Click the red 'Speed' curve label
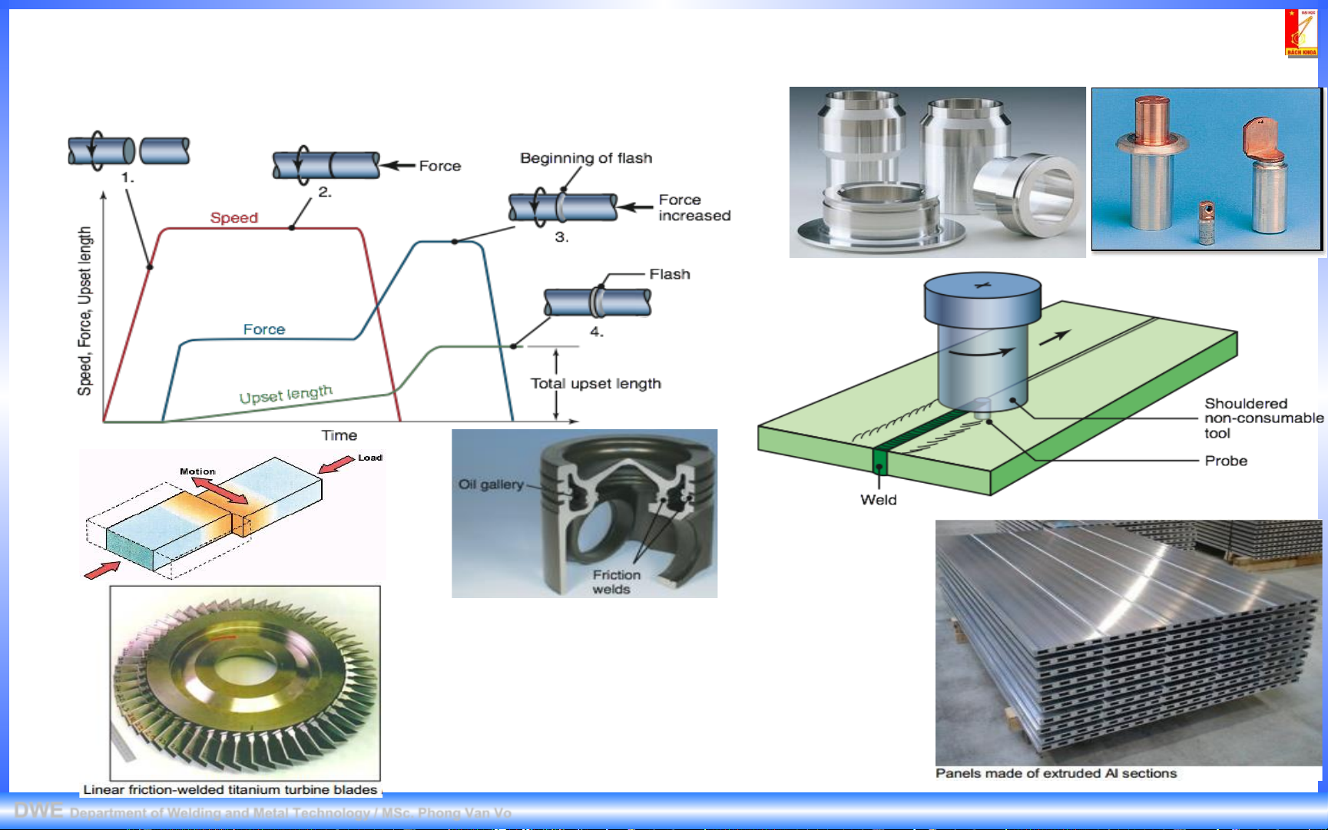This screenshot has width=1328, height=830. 233,218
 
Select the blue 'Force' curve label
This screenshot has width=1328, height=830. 263,329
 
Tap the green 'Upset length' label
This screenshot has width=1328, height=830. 286,395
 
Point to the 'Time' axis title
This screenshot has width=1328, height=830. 339,435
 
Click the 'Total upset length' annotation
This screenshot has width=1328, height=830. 595,383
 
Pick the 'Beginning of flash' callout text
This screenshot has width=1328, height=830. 585,158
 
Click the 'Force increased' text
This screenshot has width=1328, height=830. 694,208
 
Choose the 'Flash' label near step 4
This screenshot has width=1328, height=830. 669,274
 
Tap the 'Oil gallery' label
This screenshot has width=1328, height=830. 490,484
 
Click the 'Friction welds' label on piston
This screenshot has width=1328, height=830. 615,582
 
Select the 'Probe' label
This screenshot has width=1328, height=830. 1225,461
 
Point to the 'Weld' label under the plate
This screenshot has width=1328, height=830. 878,500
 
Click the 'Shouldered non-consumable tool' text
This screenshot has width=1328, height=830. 1263,418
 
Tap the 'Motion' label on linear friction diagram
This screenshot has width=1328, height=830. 197,471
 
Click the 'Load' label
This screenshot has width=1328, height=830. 369,458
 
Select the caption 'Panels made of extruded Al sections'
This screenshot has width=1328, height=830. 1055,773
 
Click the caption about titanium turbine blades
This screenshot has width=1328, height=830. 230,789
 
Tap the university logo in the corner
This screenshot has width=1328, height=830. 1300,33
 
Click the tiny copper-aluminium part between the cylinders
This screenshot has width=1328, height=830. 1207,222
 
